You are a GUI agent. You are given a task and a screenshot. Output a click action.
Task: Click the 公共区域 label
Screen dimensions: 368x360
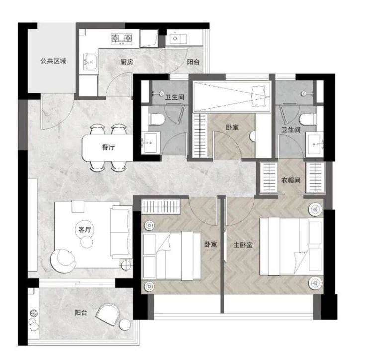(x=53, y=61)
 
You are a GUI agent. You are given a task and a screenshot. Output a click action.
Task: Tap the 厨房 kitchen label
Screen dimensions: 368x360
(x=127, y=62)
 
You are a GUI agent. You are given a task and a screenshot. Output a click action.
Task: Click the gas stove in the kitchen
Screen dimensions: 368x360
(x=121, y=39)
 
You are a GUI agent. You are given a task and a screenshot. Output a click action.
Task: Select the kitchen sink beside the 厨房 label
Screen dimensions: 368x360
(x=90, y=62)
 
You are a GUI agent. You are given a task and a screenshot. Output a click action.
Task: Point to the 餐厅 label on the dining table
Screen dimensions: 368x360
(x=108, y=147)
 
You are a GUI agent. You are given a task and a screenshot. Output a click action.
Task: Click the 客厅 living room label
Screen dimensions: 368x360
(x=85, y=229)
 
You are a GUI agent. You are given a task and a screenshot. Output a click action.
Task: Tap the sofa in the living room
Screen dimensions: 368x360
(x=121, y=232)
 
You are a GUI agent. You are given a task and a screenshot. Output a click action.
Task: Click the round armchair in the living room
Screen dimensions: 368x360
(x=63, y=261)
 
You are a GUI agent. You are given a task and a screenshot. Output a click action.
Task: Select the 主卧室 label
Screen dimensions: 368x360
(x=243, y=245)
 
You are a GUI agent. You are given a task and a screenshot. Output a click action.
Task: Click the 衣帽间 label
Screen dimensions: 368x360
(x=291, y=180)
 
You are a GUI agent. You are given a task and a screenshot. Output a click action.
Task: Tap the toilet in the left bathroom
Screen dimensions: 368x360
(x=157, y=120)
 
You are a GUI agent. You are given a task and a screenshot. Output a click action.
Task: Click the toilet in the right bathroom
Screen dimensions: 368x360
(x=308, y=120)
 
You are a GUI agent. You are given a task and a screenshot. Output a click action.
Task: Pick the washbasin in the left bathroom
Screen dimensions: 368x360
(x=151, y=142)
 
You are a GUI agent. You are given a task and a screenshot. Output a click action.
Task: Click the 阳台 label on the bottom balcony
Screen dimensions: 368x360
(x=81, y=313)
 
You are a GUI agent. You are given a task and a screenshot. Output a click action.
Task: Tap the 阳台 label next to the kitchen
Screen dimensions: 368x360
(x=193, y=62)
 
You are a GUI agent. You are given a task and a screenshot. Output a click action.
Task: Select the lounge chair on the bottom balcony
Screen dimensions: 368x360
(x=107, y=314)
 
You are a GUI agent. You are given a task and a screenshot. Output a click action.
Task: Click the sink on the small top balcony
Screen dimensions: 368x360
(x=176, y=38)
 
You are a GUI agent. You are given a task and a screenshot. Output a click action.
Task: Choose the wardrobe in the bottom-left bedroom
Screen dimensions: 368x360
(x=161, y=207)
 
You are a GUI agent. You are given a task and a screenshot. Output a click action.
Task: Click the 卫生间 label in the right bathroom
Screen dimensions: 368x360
(x=291, y=130)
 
